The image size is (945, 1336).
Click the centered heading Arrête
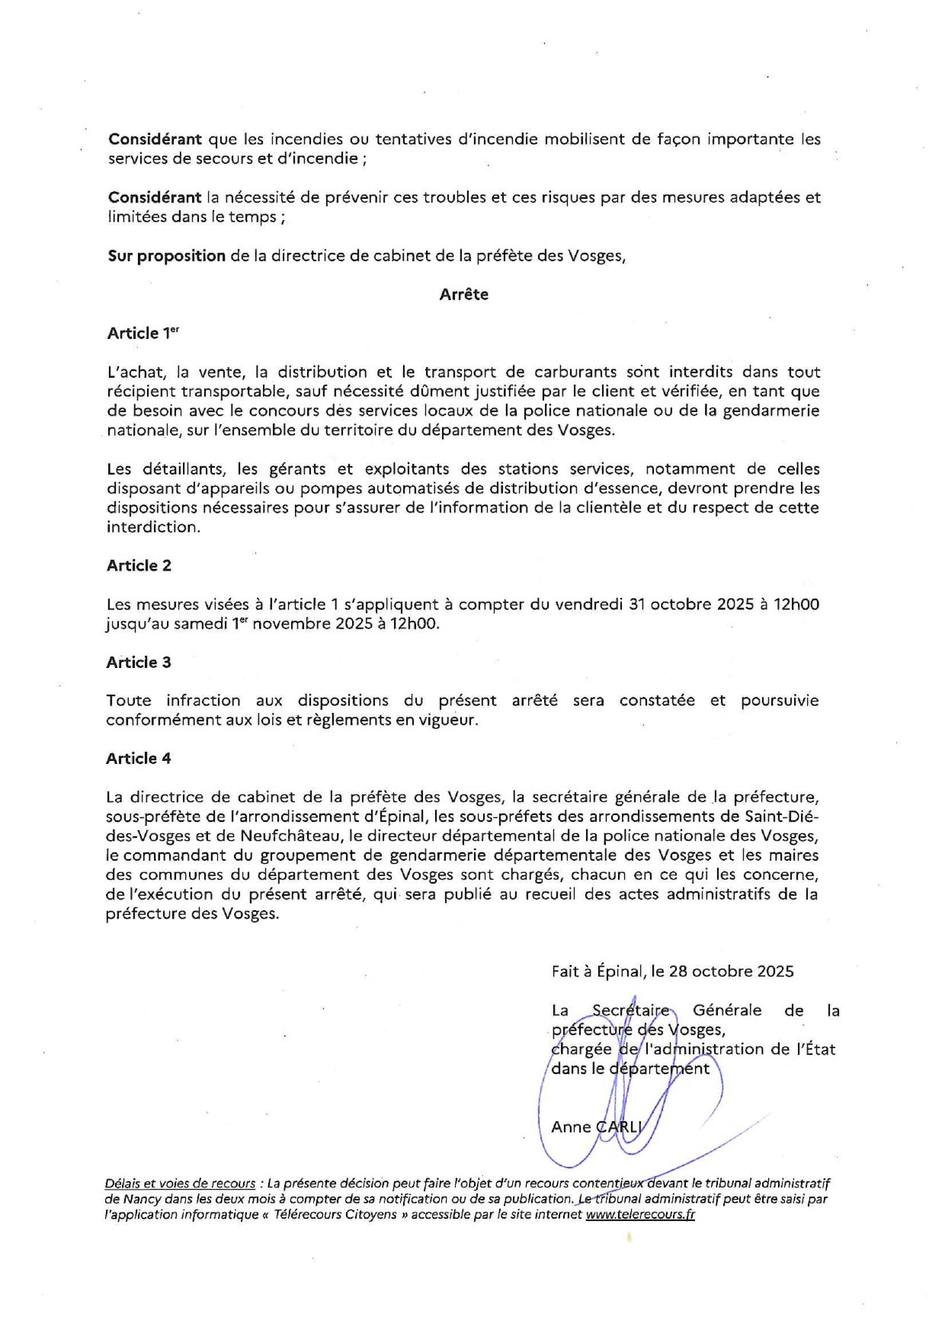(463, 295)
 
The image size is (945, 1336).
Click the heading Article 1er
(143, 334)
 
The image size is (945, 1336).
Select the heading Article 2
(139, 566)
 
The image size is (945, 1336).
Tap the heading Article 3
(139, 663)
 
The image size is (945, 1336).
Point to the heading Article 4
(139, 759)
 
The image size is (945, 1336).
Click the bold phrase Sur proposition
(166, 256)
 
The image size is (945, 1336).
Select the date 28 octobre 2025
(731, 972)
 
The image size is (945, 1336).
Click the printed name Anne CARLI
(597, 1127)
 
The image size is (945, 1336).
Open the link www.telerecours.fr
(640, 1215)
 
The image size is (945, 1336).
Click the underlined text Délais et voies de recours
(180, 1184)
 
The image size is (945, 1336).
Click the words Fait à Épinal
(597, 972)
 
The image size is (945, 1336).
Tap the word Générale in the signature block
(726, 1011)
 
